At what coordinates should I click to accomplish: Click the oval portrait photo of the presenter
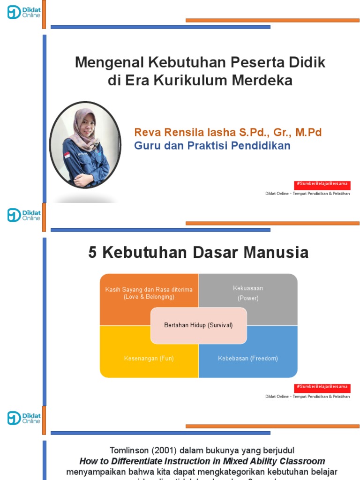tap(85, 145)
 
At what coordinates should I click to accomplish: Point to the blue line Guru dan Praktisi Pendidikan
tap(212, 146)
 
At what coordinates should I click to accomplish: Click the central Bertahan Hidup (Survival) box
tap(198, 325)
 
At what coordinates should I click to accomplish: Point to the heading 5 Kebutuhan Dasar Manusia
tap(198, 253)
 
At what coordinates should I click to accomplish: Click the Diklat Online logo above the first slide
tap(24, 12)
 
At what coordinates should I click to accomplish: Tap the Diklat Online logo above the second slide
tap(24, 215)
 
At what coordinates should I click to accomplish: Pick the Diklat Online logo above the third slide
tap(24, 418)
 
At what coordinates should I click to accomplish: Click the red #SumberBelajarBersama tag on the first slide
tap(322, 184)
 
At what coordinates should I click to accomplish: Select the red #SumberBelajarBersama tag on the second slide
tap(322, 387)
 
